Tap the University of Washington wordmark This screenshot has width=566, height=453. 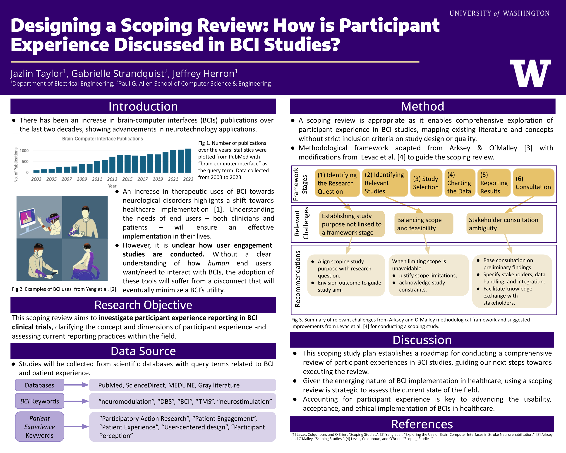coord(499,13)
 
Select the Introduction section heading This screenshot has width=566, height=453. coord(143,106)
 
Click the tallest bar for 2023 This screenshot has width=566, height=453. coord(188,160)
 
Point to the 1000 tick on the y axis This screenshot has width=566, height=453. coord(24,150)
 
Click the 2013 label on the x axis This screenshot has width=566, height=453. coord(112,179)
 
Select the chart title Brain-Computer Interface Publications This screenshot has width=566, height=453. coord(102,139)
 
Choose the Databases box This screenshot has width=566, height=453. coord(40,385)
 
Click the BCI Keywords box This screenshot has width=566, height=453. coord(40,401)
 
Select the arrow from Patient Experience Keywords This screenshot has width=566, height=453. coord(76,426)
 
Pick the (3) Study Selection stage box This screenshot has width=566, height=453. coord(426,183)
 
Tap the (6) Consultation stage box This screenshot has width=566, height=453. coord(533,183)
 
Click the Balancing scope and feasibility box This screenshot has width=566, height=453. coord(423,224)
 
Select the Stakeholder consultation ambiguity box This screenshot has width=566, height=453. coord(504,224)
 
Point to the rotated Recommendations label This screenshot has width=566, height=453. coord(297,279)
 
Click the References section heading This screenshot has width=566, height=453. coord(422,424)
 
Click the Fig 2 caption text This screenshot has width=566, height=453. coord(65,289)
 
